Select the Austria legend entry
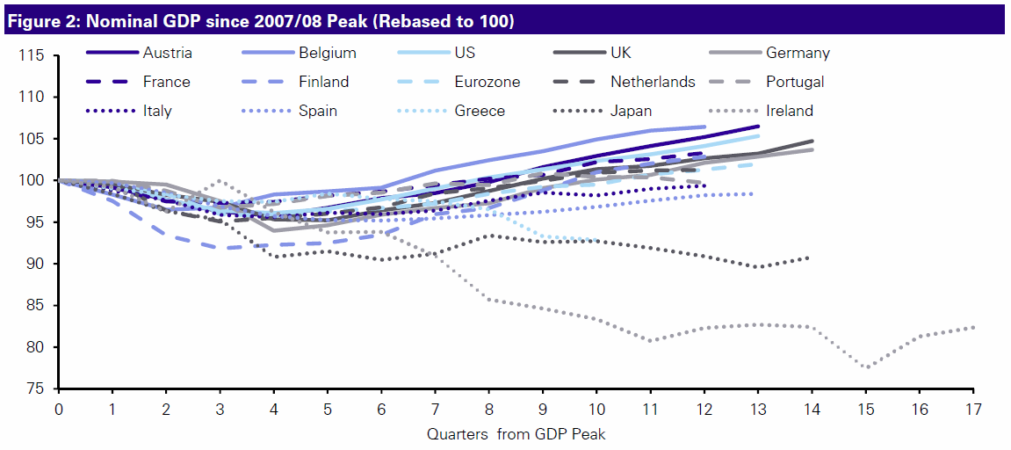click(x=166, y=53)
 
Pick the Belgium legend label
click(x=326, y=53)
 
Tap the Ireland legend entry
click(x=790, y=111)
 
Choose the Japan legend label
click(x=632, y=111)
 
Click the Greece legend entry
click(x=480, y=111)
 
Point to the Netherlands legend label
click(x=653, y=82)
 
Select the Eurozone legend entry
click(x=487, y=82)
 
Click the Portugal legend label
click(x=794, y=82)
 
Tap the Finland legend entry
click(x=323, y=82)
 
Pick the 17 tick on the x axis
click(x=972, y=409)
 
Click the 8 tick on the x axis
click(x=489, y=409)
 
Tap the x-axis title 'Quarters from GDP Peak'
click(x=516, y=434)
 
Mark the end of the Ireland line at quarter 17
click(x=973, y=327)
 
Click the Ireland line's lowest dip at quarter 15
click(x=866, y=367)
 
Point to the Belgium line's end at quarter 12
click(x=704, y=127)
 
